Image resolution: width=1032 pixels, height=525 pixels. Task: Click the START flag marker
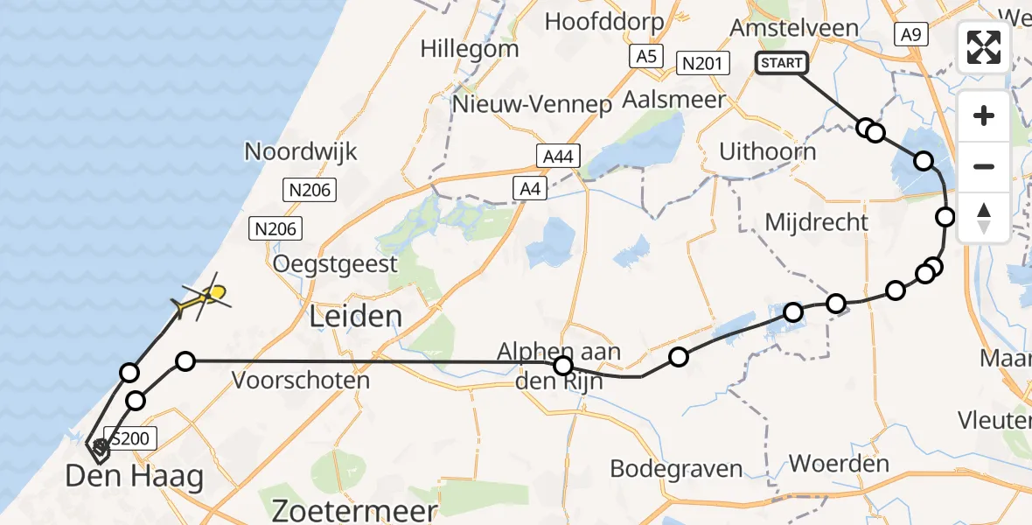pos(781,63)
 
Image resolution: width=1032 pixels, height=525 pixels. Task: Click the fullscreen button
pos(984,46)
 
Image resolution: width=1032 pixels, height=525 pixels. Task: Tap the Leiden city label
pos(354,316)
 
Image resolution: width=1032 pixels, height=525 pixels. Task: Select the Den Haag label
pos(134,477)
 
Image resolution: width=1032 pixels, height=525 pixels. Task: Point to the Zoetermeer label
pos(354,511)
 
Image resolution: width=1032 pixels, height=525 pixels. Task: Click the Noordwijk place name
pos(301,151)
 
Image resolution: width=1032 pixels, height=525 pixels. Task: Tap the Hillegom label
pos(469,48)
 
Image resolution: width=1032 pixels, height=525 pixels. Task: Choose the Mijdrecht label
pos(816,222)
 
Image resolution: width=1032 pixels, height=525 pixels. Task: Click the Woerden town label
pos(839,463)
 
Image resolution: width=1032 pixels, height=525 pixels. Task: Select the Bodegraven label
pos(676,468)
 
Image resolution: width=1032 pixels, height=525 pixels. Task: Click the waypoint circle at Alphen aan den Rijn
pos(563,366)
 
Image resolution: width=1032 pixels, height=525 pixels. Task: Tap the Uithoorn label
pos(767,151)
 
